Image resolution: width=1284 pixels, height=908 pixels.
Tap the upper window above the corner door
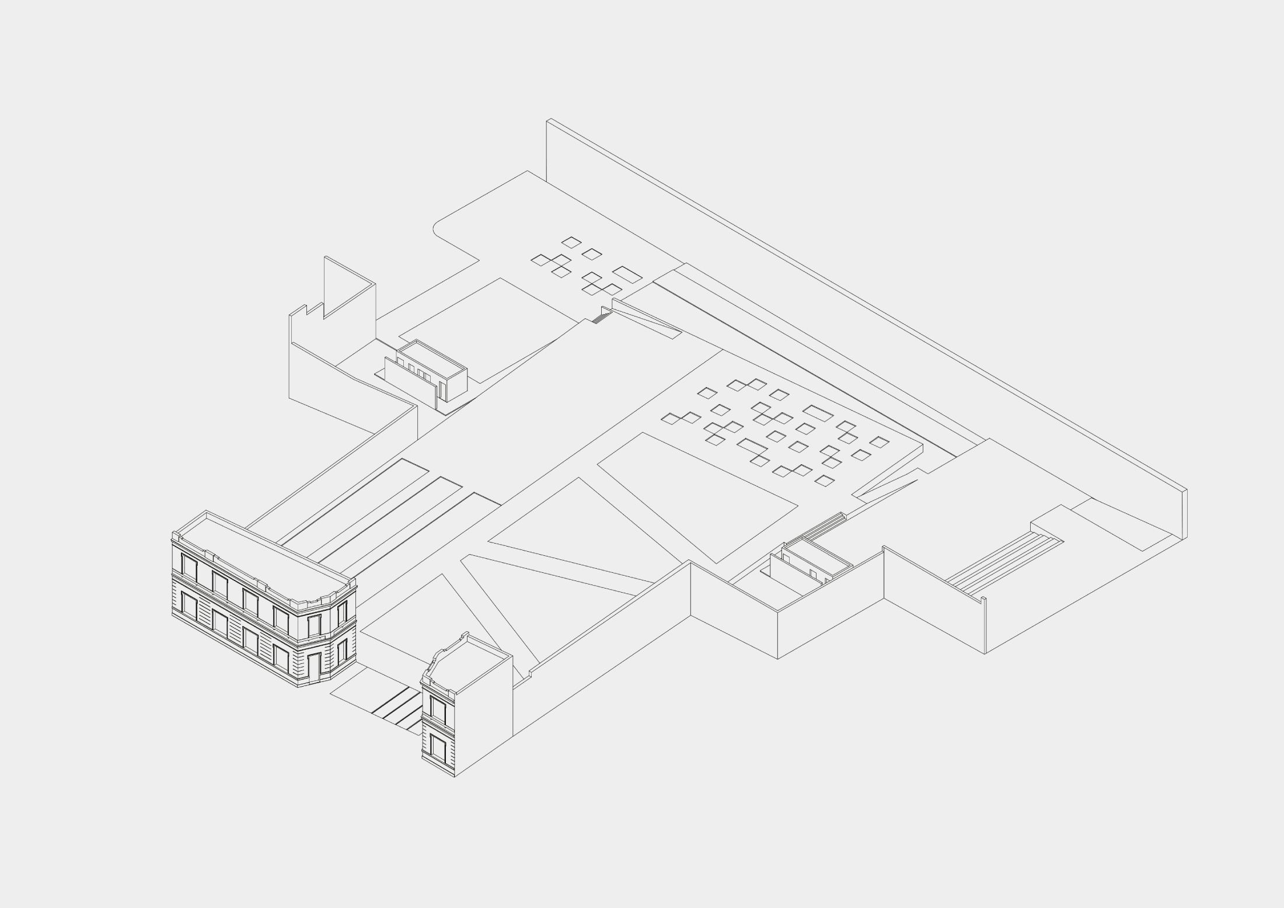314,624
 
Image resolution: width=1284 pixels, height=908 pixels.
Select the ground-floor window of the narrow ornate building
438,748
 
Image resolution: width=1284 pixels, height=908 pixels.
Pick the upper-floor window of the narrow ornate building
438,708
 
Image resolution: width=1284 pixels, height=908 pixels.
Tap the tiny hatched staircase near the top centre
599,318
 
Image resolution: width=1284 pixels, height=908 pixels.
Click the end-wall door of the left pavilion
442,392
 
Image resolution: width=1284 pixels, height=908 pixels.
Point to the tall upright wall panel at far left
349,286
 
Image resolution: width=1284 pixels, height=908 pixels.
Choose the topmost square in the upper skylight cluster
571,242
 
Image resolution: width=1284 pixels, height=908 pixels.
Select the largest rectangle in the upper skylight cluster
627,274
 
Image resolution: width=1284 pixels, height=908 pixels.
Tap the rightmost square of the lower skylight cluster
880,442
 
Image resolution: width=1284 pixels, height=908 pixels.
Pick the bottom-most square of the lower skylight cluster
825,481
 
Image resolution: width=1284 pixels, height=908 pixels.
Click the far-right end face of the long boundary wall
1185,514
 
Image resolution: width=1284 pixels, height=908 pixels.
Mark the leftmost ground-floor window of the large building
189,606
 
